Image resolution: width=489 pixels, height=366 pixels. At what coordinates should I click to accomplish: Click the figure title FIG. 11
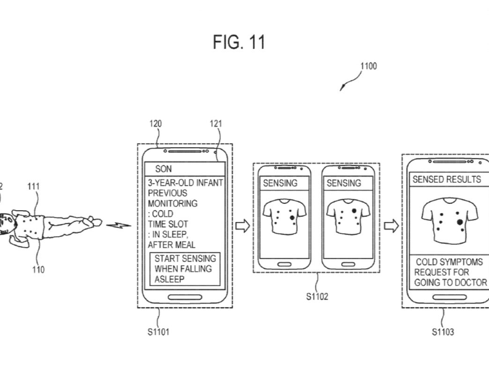(x=239, y=42)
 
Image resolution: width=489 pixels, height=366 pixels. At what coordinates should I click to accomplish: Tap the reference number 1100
(x=368, y=66)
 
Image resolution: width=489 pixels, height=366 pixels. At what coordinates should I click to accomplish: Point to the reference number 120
(x=156, y=124)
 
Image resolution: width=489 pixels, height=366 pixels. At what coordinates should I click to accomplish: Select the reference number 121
(x=216, y=124)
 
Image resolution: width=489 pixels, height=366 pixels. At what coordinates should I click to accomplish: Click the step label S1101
(x=158, y=332)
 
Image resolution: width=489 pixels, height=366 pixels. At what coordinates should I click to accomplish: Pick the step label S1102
(x=317, y=296)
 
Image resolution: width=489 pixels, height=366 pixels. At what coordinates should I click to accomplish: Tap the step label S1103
(x=442, y=332)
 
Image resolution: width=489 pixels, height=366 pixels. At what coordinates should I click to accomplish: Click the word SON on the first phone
(x=163, y=169)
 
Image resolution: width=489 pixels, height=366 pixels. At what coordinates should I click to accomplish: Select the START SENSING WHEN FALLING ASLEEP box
(x=185, y=269)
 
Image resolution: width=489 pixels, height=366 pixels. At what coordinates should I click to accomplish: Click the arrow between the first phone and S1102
(x=242, y=226)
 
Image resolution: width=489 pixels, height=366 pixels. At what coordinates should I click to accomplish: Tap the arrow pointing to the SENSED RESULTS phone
(x=391, y=226)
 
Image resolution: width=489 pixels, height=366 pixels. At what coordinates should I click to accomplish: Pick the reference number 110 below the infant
(x=39, y=269)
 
